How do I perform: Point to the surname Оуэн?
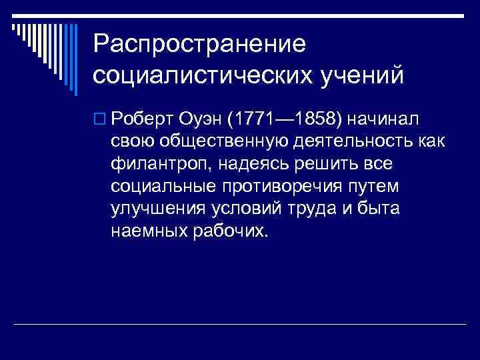200,119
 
